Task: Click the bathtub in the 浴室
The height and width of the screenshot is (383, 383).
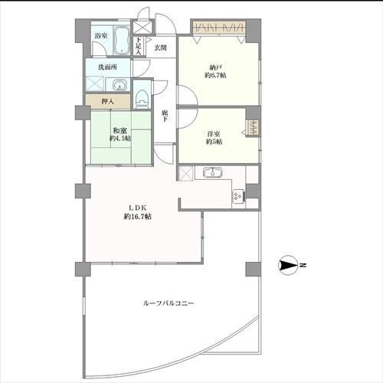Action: click(121, 41)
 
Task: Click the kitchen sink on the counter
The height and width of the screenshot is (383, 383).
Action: click(212, 172)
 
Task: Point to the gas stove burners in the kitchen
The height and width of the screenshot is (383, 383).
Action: click(238, 196)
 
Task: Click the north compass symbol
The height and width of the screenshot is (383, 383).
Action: click(288, 265)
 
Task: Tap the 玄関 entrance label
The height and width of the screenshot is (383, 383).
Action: click(161, 47)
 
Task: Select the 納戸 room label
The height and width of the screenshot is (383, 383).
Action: click(215, 68)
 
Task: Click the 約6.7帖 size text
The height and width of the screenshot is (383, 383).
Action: click(215, 76)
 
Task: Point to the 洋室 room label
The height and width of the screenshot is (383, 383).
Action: click(214, 134)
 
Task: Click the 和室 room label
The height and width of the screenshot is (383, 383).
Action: click(119, 131)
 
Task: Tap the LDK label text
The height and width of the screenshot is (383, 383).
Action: click(137, 208)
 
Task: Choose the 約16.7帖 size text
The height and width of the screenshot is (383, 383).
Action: click(137, 217)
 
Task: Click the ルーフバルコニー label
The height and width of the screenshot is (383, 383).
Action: click(169, 303)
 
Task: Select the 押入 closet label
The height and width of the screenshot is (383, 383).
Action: click(108, 101)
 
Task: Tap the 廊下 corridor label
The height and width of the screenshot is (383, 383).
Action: click(165, 116)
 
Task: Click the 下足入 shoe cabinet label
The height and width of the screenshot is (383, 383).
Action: click(138, 46)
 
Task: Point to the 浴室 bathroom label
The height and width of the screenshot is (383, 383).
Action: click(101, 36)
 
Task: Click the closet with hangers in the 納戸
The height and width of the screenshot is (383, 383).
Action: click(219, 28)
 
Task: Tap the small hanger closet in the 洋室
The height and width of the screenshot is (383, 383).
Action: click(253, 128)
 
